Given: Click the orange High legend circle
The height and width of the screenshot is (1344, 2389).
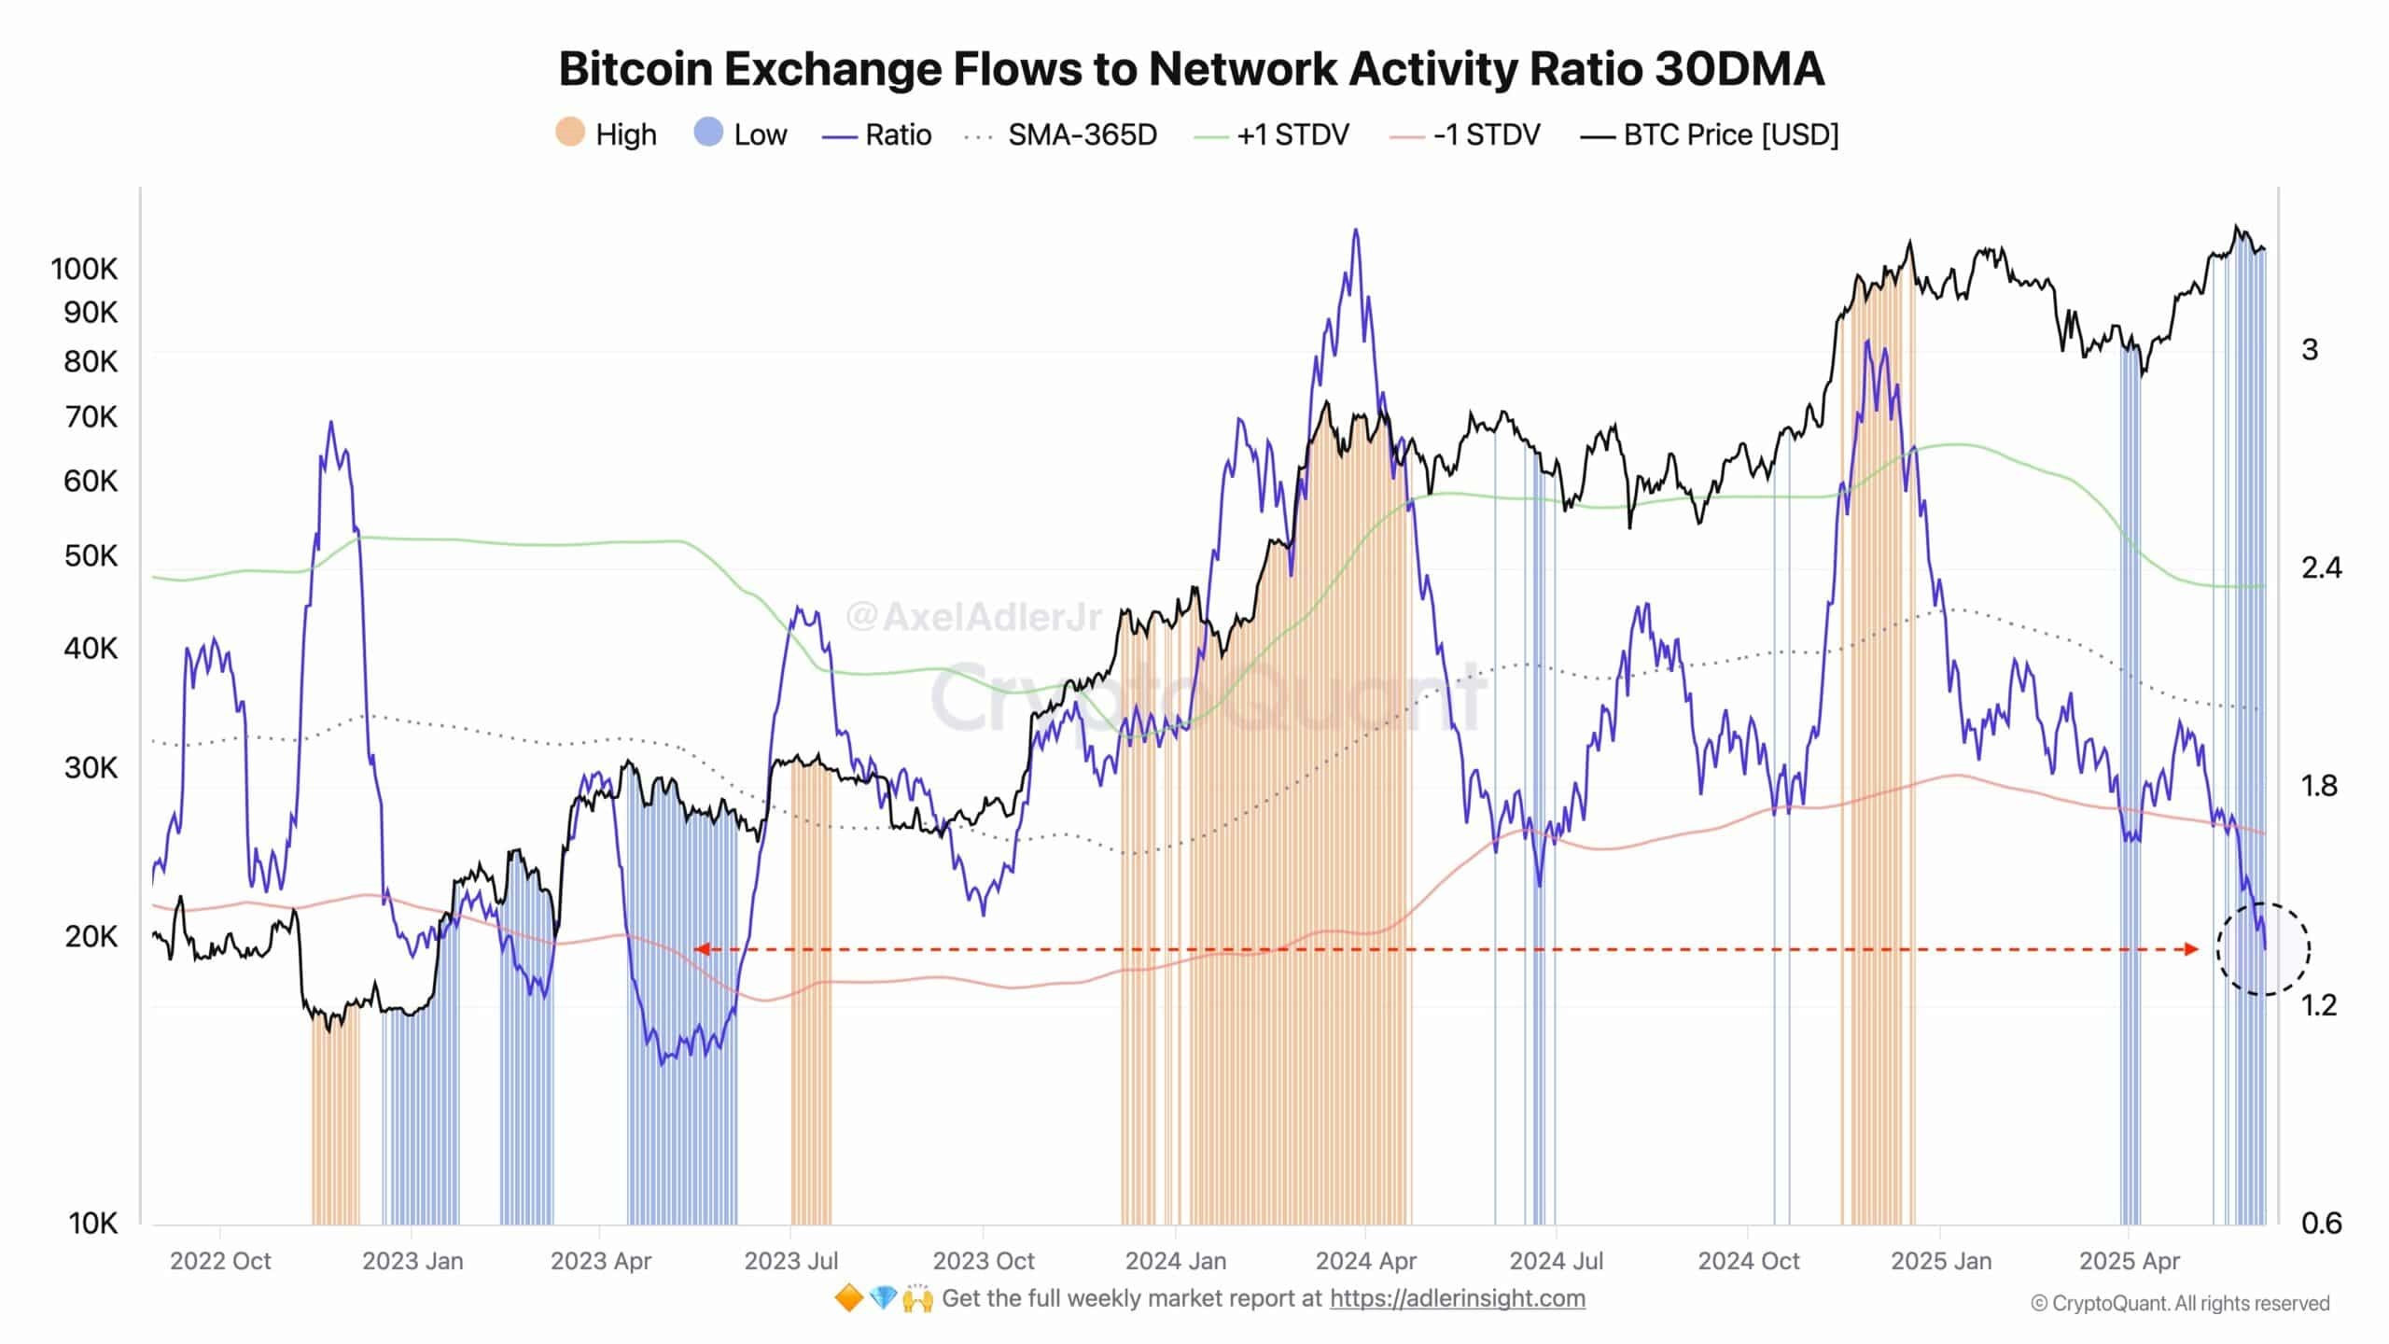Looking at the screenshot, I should (570, 133).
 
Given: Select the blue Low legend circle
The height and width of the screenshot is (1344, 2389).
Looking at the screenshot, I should (708, 133).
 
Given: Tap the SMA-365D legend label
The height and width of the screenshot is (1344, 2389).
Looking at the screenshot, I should (1082, 135).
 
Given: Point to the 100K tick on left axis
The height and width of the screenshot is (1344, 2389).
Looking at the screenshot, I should (84, 270).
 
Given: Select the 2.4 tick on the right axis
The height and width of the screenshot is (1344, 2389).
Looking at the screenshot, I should (2321, 567).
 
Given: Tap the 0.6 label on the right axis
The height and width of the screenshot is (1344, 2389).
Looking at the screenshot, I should (2321, 1223).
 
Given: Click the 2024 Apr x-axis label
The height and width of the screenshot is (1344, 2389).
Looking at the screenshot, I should (1365, 1261).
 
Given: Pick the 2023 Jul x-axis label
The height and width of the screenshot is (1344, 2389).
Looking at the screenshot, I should (790, 1261).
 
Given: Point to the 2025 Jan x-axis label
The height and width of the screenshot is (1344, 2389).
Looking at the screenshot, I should (1940, 1261).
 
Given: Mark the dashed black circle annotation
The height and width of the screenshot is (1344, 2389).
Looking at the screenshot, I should (2263, 949).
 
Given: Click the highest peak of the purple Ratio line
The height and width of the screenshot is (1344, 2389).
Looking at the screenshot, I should (1355, 231).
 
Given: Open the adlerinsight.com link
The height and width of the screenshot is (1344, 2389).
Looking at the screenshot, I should (1457, 1298).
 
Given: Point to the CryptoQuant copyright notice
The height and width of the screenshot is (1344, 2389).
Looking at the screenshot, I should (2180, 1304).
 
